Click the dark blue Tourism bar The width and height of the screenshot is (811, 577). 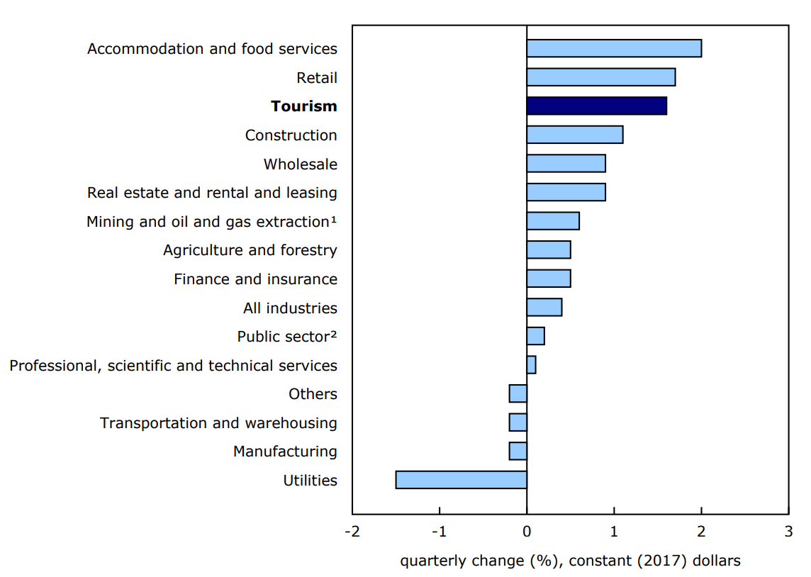596,106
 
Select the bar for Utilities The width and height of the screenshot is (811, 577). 461,480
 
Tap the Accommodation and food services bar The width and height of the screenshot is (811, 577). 614,48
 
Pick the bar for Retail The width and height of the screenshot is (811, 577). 600,77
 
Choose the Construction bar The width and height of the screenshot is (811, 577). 574,135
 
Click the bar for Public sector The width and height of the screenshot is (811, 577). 535,336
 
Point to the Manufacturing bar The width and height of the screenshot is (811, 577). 518,451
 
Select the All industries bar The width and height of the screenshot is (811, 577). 544,308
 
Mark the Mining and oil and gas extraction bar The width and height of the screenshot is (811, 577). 553,221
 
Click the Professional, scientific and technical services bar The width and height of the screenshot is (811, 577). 531,365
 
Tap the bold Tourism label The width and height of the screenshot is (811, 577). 303,106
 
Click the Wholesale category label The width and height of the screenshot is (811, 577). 300,164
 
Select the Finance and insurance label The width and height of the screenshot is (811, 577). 255,279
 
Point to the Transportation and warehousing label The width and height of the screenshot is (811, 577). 218,423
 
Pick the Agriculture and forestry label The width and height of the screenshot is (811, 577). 250,250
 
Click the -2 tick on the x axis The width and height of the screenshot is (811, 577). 352,532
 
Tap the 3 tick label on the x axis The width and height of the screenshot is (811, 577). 788,532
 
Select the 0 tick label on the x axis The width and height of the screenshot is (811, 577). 527,532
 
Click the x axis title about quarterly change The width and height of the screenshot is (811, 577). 570,561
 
